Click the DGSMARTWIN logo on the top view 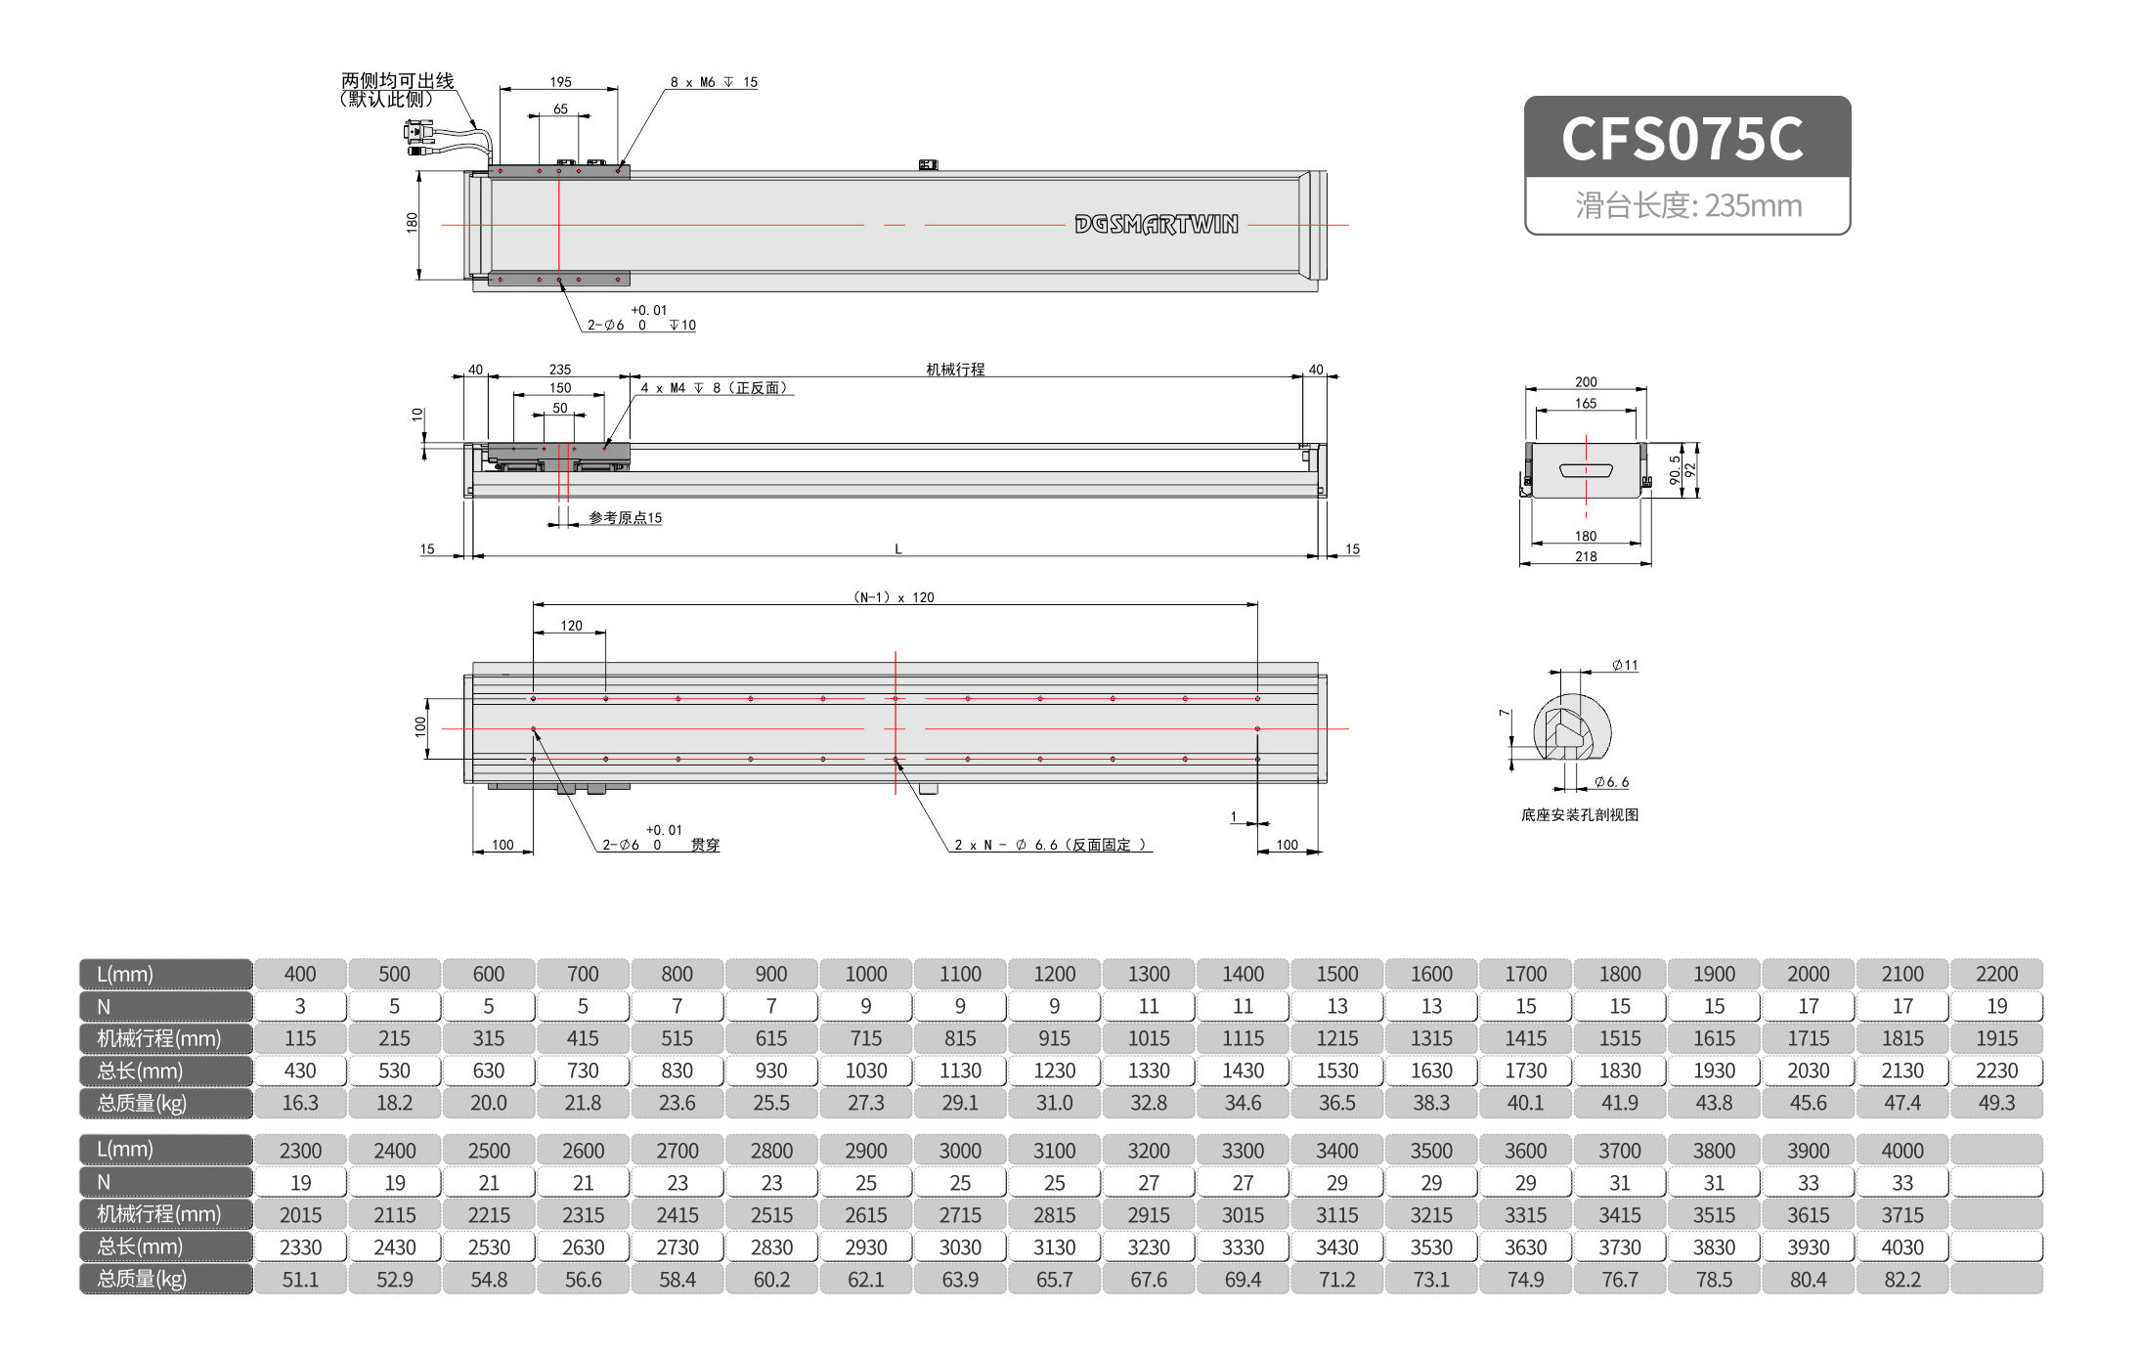[1156, 225]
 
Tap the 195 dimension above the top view [560, 82]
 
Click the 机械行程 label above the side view [955, 369]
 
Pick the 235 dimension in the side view [559, 370]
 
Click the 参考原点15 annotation [625, 518]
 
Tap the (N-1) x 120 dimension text [894, 597]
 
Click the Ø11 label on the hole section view [1625, 666]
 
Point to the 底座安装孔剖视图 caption [1579, 814]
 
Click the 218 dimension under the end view [1586, 556]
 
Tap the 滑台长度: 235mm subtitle [1687, 206]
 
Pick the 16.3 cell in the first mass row [300, 1103]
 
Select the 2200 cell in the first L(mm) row [1995, 974]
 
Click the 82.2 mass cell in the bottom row [1901, 1280]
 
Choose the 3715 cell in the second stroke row [1901, 1215]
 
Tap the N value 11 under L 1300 [1148, 1006]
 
